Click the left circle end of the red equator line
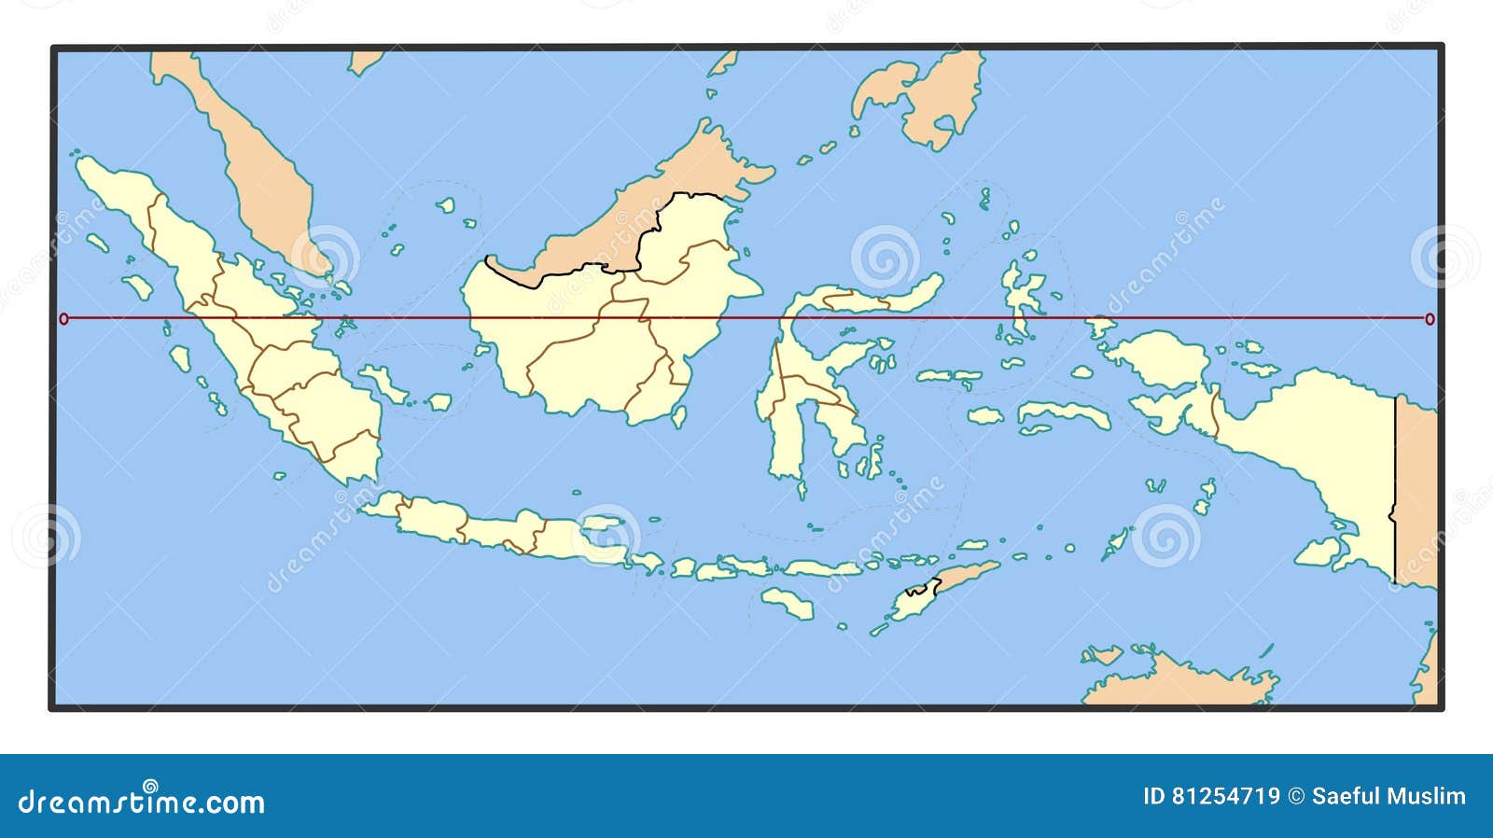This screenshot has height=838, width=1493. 63,319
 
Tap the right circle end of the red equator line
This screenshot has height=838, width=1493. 1430,319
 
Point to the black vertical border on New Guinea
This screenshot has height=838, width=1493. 1395,485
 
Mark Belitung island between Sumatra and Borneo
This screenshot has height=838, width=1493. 440,402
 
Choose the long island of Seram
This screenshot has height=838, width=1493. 1064,415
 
